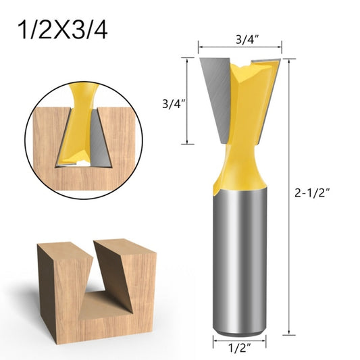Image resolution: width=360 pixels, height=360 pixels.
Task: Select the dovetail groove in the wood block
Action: pos(95,284)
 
